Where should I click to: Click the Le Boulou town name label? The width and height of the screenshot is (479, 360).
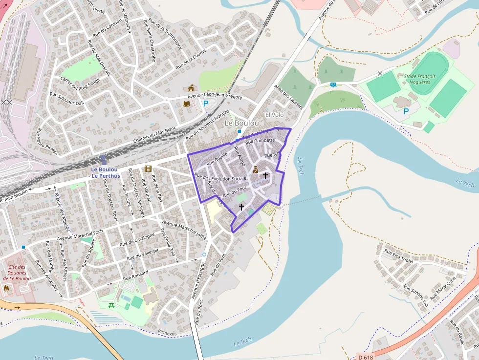241,124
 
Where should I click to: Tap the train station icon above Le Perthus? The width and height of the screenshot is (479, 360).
103,160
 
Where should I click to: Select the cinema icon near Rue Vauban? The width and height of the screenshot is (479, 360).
148,169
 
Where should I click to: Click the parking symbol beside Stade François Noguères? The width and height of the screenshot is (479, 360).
406,111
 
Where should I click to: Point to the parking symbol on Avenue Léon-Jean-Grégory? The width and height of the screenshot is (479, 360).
206,104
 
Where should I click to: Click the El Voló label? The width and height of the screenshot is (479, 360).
274,114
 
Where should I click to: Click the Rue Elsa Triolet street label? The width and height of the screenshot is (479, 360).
399,256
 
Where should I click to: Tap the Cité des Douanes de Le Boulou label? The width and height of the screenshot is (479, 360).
17,273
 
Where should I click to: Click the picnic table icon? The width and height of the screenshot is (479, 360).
112,306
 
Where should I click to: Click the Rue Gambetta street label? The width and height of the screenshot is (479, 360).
260,141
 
